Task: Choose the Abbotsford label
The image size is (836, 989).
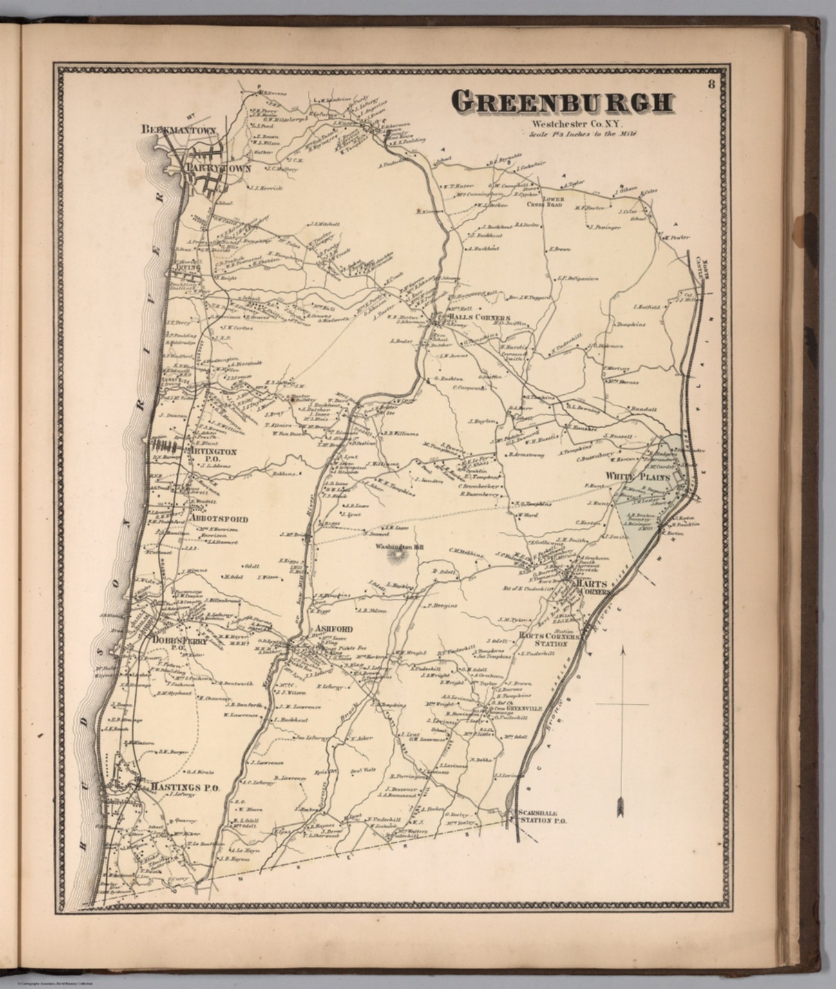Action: pos(219,518)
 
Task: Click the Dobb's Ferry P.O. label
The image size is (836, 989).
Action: pos(169,643)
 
